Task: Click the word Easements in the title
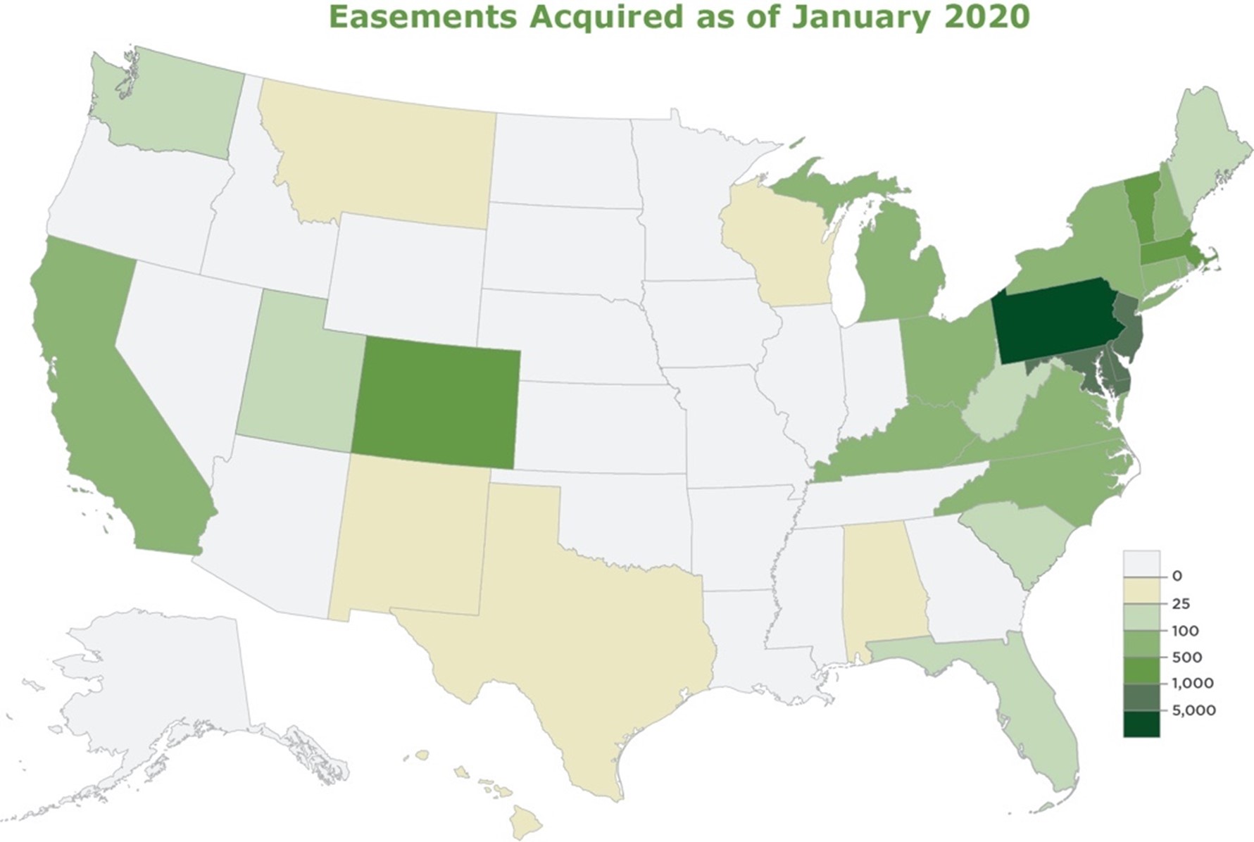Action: point(422,17)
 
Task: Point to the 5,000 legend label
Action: point(1193,710)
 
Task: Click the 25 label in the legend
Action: point(1181,604)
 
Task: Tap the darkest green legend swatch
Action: point(1141,724)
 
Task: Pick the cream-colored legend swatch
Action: point(1141,591)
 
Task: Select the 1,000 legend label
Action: point(1192,683)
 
